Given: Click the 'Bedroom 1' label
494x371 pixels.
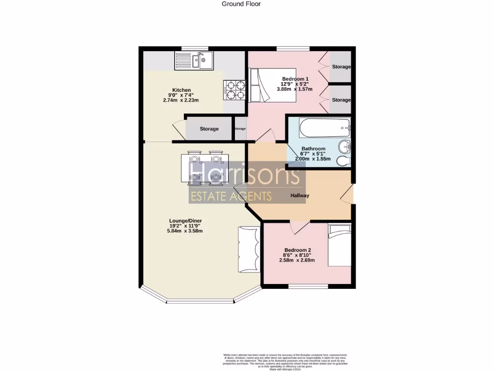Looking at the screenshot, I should [x=295, y=79].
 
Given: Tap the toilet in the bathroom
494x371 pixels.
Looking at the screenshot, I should [x=343, y=160].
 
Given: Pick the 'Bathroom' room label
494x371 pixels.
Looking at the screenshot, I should [x=313, y=149].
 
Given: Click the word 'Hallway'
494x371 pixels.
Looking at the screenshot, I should [x=300, y=196].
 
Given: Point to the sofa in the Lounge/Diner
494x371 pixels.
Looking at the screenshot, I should [x=249, y=249].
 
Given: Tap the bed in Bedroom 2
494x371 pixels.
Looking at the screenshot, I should [x=340, y=245].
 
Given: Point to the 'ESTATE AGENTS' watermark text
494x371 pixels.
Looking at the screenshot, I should [x=231, y=196].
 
